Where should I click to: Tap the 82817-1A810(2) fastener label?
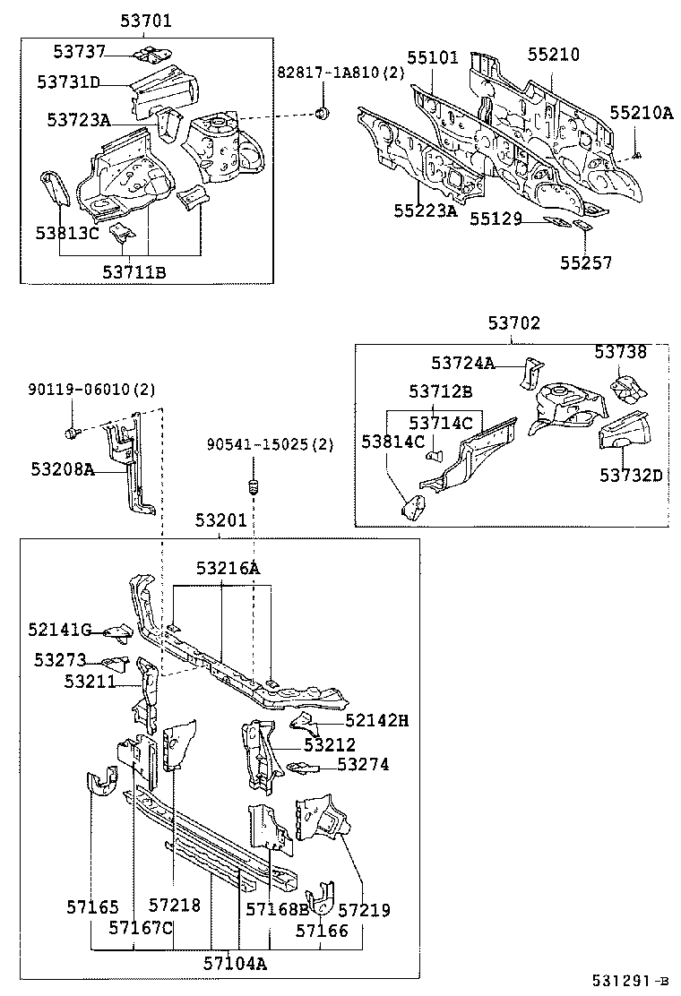click(327, 73)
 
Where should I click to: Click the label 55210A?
click(641, 113)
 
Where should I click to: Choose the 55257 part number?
click(587, 262)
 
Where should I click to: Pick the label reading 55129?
click(496, 219)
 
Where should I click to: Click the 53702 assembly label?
click(514, 323)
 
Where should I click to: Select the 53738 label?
click(620, 353)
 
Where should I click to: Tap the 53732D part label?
click(631, 475)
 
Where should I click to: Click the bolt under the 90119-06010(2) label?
click(72, 433)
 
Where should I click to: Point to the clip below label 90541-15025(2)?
click(253, 488)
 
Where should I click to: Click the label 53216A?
click(228, 568)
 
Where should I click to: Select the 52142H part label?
click(376, 719)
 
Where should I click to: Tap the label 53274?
click(363, 764)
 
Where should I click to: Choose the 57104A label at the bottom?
click(234, 964)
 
